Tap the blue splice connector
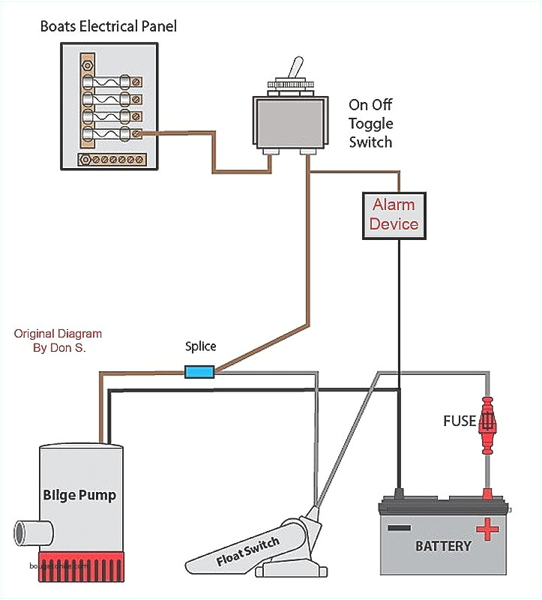(199, 370)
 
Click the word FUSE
(459, 421)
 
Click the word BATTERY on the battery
(443, 545)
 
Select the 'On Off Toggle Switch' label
(370, 123)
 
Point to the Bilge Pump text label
(79, 496)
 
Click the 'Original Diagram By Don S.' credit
(58, 340)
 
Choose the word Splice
(200, 346)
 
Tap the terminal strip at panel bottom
(114, 159)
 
